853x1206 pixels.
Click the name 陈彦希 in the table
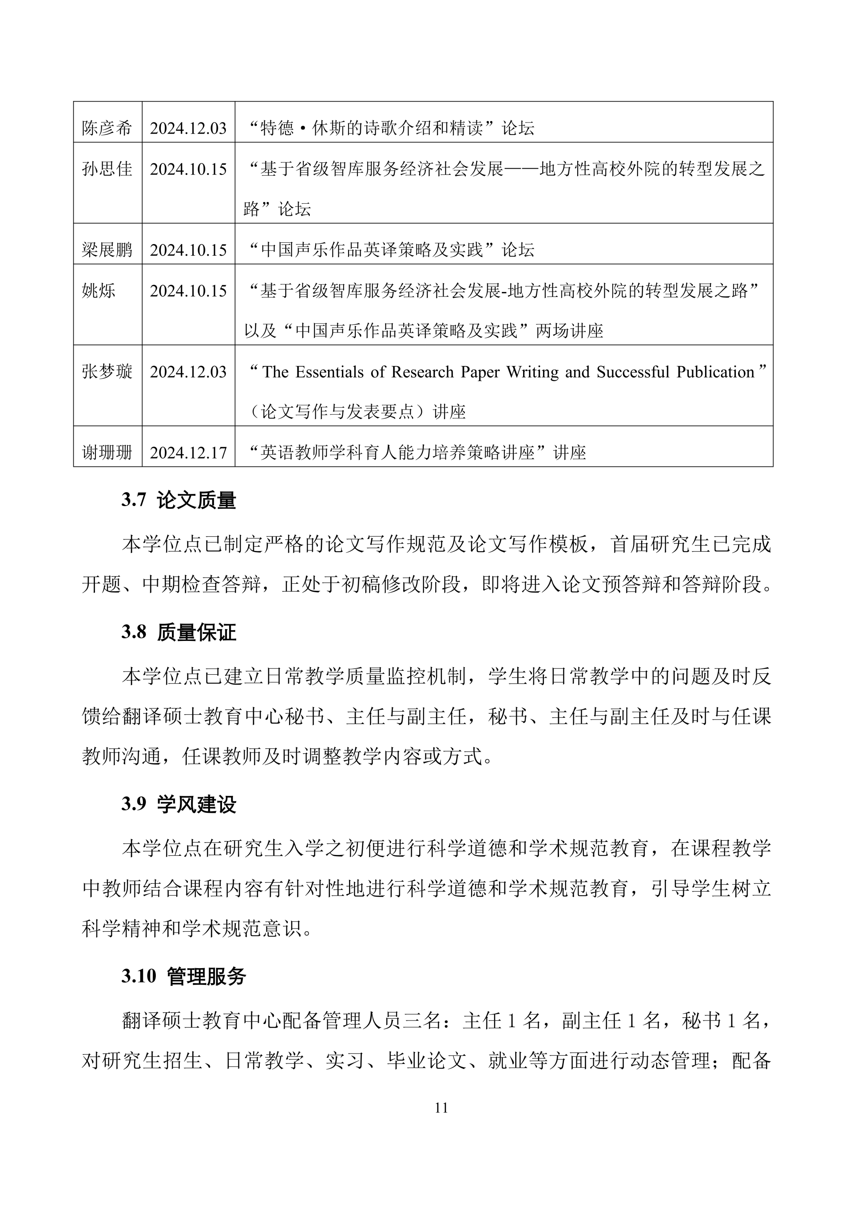(x=107, y=128)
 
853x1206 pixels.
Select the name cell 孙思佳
(x=107, y=169)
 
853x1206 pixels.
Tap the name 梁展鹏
(x=107, y=250)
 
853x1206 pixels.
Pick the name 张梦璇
(x=107, y=372)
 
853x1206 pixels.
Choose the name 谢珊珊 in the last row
(x=107, y=453)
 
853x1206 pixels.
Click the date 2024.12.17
(x=188, y=453)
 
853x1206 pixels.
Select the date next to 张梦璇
(x=188, y=372)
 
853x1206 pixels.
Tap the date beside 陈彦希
(x=188, y=128)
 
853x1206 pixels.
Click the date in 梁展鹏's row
(x=188, y=250)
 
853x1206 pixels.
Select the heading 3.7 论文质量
(x=179, y=501)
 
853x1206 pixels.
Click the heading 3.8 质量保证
(x=179, y=633)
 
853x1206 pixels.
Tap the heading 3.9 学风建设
(x=179, y=805)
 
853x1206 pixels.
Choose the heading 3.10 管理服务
(x=184, y=977)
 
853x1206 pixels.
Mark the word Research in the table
(x=422, y=372)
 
